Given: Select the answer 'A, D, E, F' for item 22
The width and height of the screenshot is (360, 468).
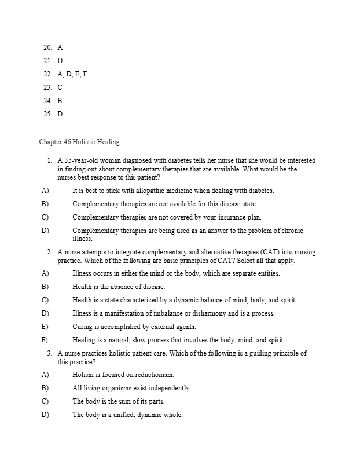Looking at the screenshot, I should point(72,75).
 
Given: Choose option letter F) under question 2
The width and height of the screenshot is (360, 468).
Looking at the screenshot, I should point(45,340).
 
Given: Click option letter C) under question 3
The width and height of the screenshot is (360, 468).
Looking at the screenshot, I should point(45,401).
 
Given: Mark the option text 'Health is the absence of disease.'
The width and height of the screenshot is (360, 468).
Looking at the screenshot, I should point(119,287).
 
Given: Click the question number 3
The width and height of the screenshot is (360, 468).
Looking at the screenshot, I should point(50,353).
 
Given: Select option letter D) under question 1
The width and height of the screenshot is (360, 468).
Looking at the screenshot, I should point(45,231).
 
